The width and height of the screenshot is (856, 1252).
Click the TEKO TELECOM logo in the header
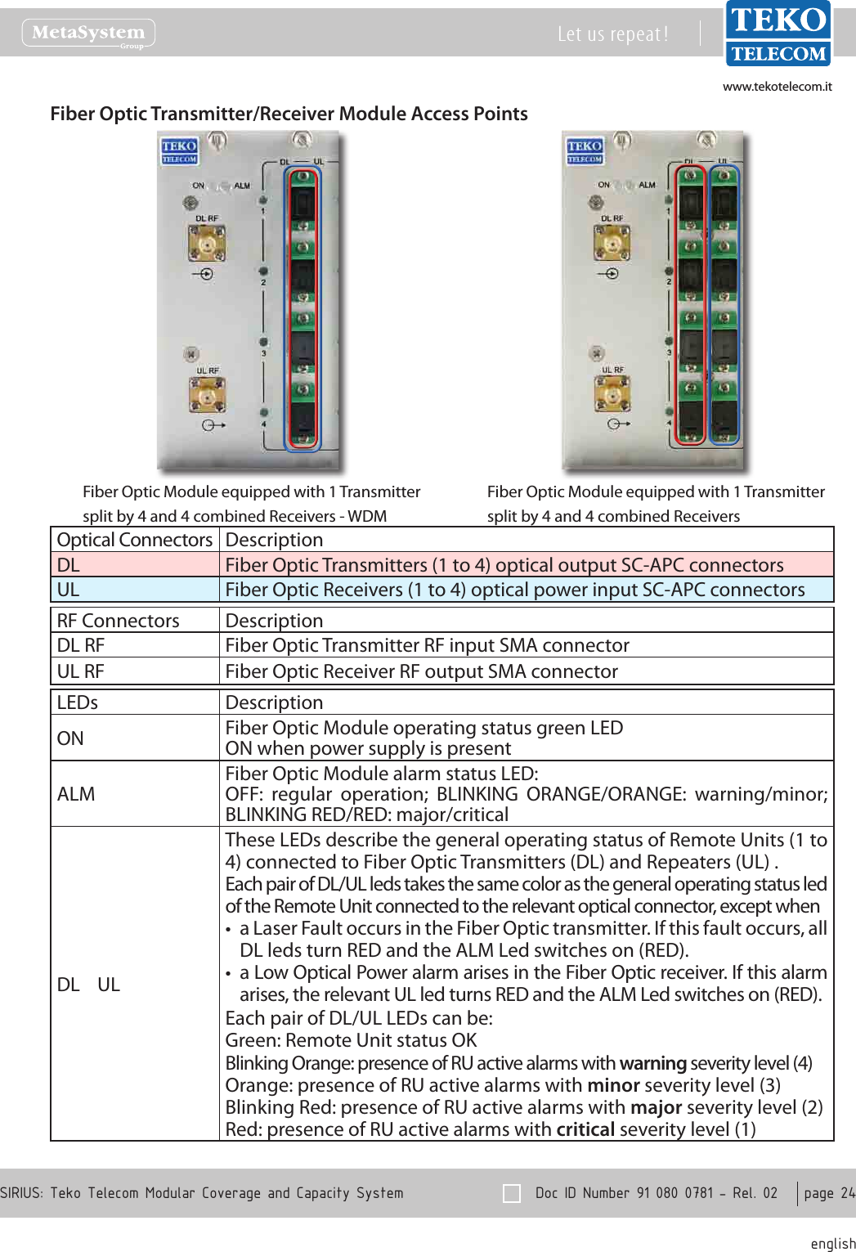tap(778, 34)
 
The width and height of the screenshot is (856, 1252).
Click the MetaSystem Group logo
tap(88, 34)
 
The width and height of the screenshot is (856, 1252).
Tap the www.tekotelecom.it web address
tap(777, 87)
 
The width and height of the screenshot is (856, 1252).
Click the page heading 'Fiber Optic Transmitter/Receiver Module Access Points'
tap(289, 114)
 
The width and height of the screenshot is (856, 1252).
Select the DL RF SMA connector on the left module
tap(207, 243)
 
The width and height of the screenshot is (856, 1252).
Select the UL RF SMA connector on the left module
tap(208, 395)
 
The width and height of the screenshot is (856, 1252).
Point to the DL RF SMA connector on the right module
tap(612, 242)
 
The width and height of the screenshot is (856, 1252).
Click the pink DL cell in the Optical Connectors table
tap(135, 565)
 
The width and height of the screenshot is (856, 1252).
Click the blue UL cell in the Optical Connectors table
tap(135, 590)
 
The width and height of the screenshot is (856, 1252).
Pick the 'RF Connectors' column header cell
tap(119, 621)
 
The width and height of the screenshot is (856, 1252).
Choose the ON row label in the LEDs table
tap(70, 738)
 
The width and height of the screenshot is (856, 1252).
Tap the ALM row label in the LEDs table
tap(76, 794)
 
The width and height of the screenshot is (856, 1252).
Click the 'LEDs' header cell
tap(78, 702)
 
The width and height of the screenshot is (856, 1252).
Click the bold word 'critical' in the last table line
tap(585, 1129)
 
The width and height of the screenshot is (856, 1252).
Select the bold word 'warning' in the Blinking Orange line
tap(652, 1063)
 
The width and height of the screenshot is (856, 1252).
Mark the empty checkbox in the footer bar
tap(512, 1193)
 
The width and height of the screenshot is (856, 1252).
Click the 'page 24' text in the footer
tap(828, 1193)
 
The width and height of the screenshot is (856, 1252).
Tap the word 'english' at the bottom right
tap(832, 1243)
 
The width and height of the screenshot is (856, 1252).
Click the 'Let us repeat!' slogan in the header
tap(612, 34)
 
